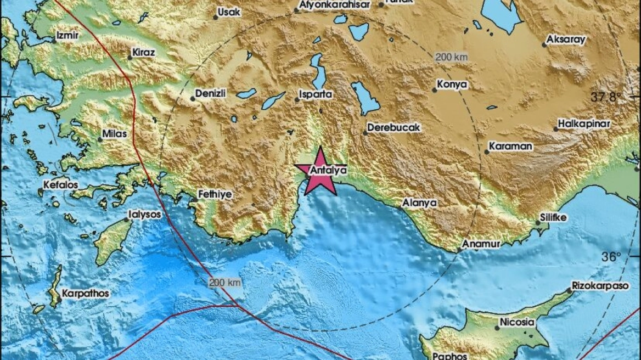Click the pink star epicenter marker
click(318, 172)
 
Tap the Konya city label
click(452, 85)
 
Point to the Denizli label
click(211, 94)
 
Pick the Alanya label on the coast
click(420, 203)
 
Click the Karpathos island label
click(85, 294)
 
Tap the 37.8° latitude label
click(607, 97)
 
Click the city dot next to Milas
click(100, 139)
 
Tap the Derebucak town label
click(394, 127)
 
